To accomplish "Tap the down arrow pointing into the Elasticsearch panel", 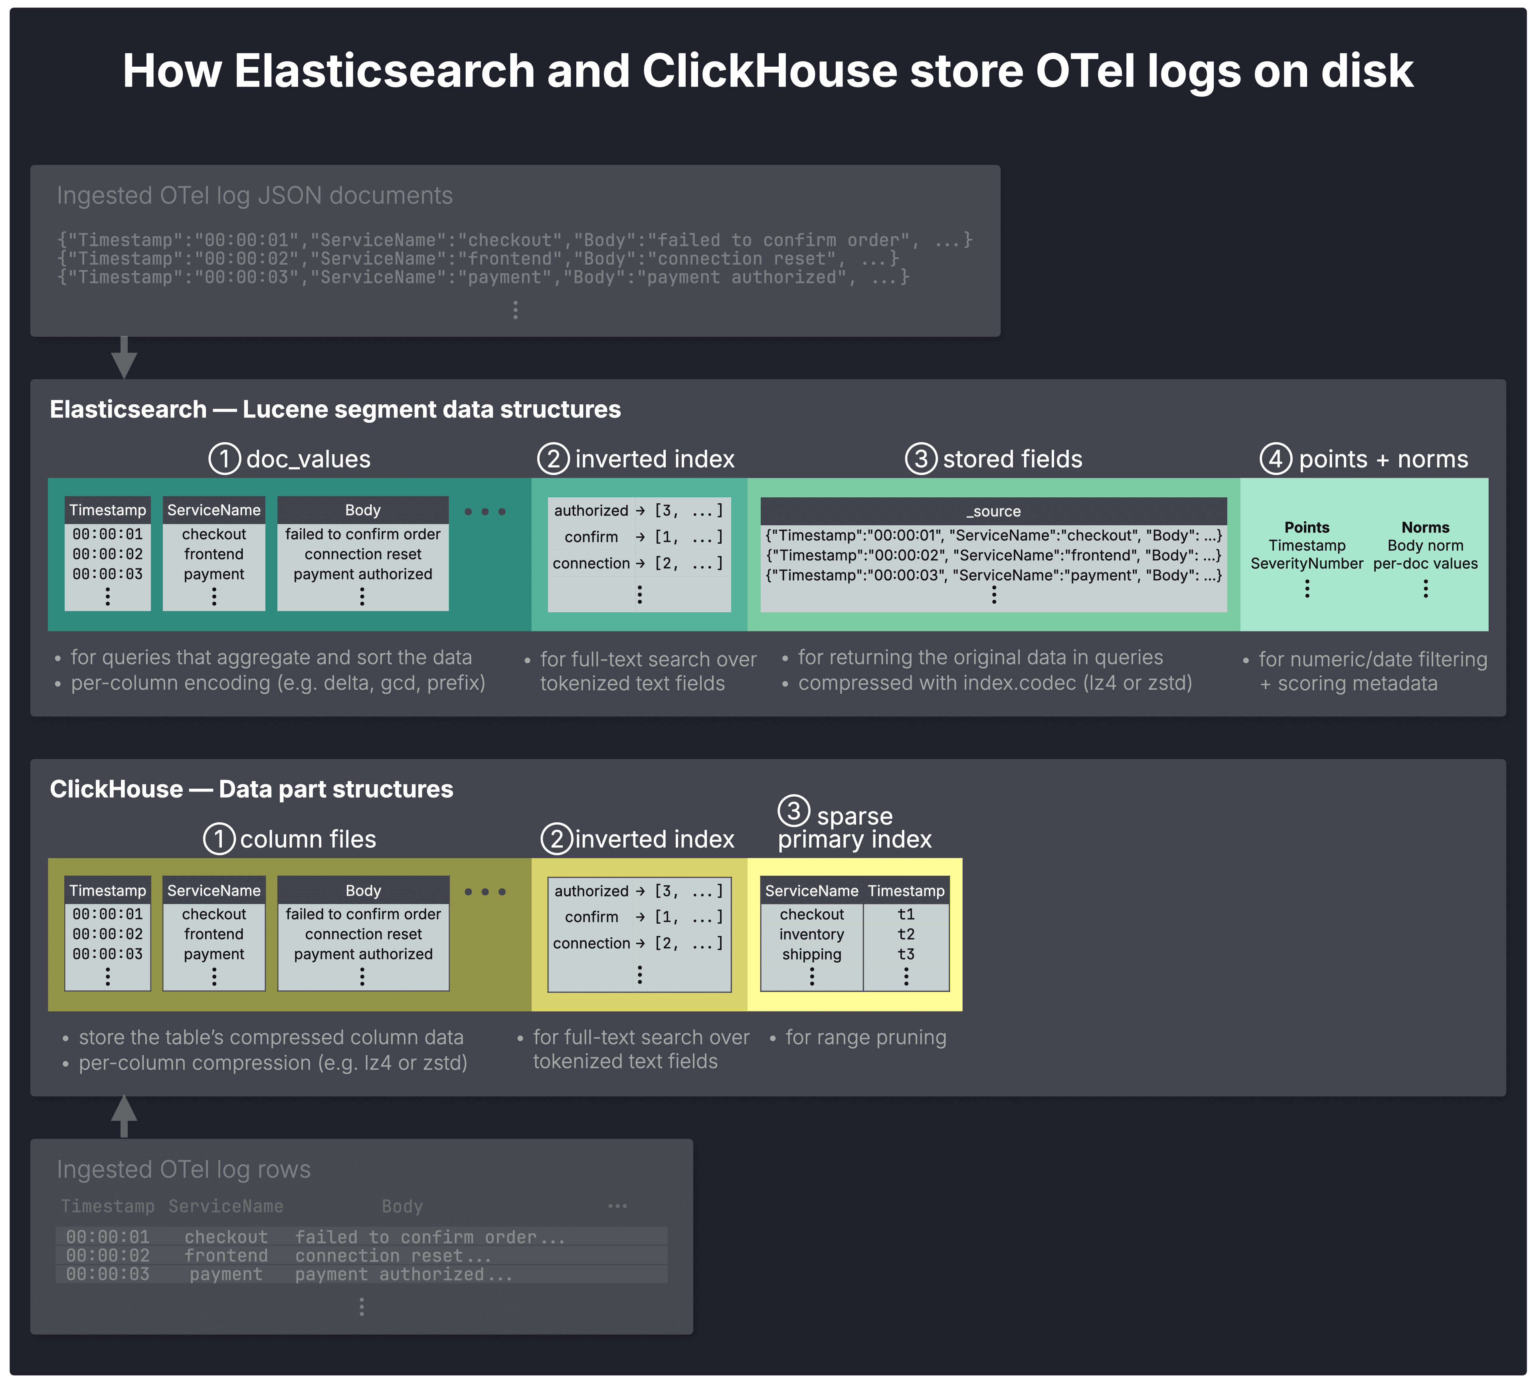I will coord(124,359).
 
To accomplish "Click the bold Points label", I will coord(1306,527).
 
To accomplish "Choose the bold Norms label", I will coord(1425,527).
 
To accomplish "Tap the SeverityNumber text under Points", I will coord(1306,564).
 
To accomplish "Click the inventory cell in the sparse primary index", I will coord(811,934).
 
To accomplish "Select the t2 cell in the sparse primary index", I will coord(906,934).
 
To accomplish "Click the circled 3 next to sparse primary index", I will coord(793,811).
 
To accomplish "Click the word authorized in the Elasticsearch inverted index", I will coord(591,510).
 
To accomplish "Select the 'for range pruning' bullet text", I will coord(865,1037).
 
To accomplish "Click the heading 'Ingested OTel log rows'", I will coord(183,1169).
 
